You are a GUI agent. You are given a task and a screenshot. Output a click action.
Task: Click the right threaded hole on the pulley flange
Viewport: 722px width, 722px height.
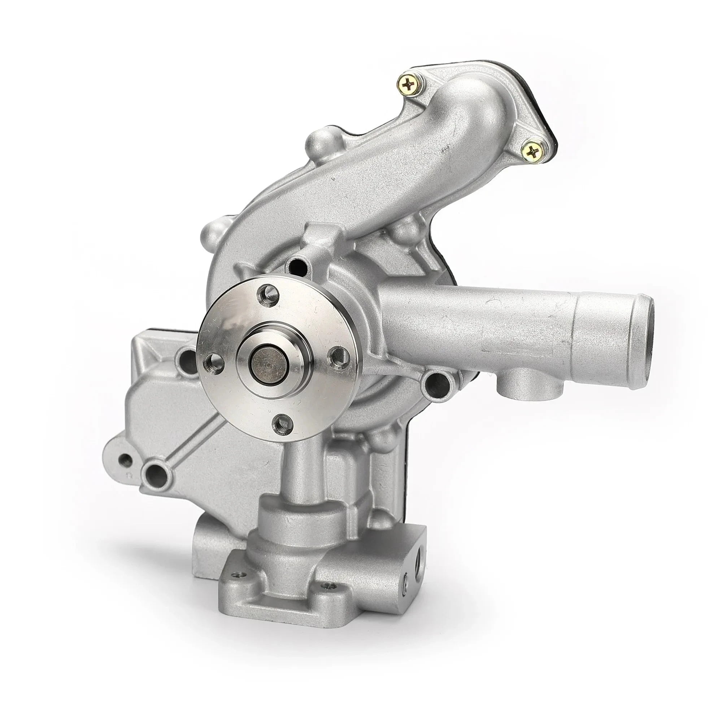[x=337, y=354]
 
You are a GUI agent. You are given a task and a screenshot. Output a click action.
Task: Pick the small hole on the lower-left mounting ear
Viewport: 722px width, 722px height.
[x=125, y=460]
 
